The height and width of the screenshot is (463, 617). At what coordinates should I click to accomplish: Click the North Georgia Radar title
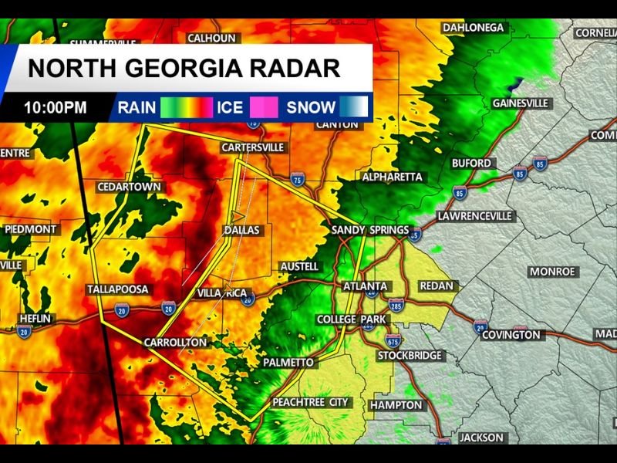(x=184, y=68)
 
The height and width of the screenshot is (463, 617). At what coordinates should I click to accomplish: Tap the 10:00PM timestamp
(x=55, y=107)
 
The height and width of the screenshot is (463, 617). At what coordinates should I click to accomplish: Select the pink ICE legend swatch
(x=263, y=107)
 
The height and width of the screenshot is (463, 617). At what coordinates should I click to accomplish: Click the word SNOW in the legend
(x=311, y=107)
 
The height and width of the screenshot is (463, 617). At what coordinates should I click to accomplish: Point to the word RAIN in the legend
(x=137, y=107)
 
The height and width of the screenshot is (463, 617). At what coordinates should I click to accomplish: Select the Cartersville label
(x=252, y=147)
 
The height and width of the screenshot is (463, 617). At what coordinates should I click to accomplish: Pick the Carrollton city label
(x=175, y=342)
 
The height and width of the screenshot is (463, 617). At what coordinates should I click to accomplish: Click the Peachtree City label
(x=312, y=402)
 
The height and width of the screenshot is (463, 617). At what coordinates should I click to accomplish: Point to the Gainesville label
(x=520, y=103)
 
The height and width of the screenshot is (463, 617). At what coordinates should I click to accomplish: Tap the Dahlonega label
(x=474, y=28)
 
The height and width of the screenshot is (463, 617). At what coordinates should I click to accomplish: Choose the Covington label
(x=511, y=335)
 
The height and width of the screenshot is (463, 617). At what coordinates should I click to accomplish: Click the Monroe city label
(x=552, y=272)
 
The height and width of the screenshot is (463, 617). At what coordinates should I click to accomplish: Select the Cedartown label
(x=129, y=188)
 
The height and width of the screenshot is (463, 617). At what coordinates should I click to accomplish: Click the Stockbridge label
(x=410, y=356)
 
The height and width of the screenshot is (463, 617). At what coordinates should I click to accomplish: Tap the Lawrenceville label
(x=474, y=216)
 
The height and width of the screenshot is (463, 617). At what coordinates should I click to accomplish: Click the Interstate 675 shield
(x=393, y=340)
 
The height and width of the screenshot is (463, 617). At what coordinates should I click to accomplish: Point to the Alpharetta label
(x=393, y=177)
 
